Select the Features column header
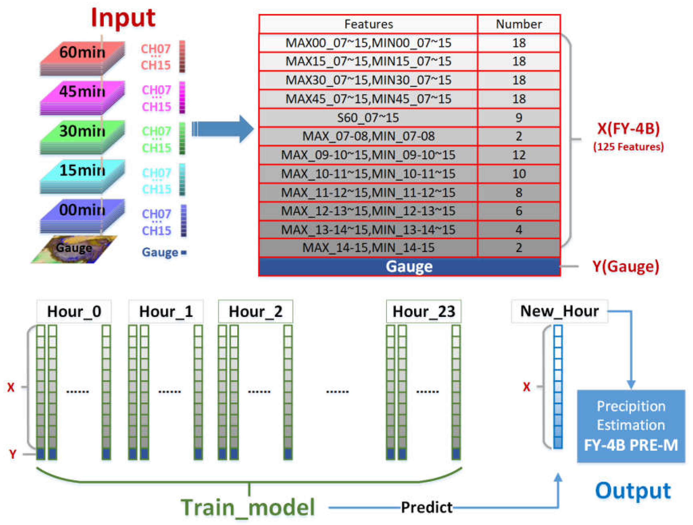click(x=368, y=24)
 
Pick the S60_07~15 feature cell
click(x=368, y=118)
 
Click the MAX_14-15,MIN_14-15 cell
click(x=368, y=248)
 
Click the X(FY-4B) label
click(x=628, y=128)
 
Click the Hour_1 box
click(x=166, y=311)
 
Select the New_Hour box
click(x=559, y=311)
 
